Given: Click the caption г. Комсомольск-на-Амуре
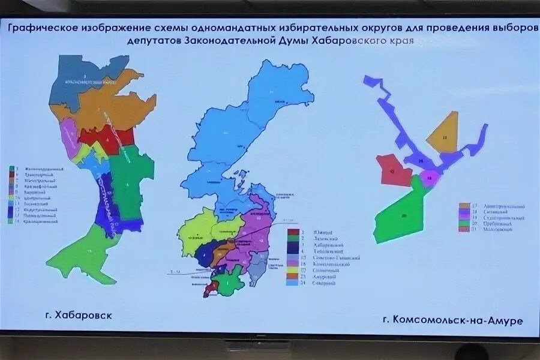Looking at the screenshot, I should coord(452,319).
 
